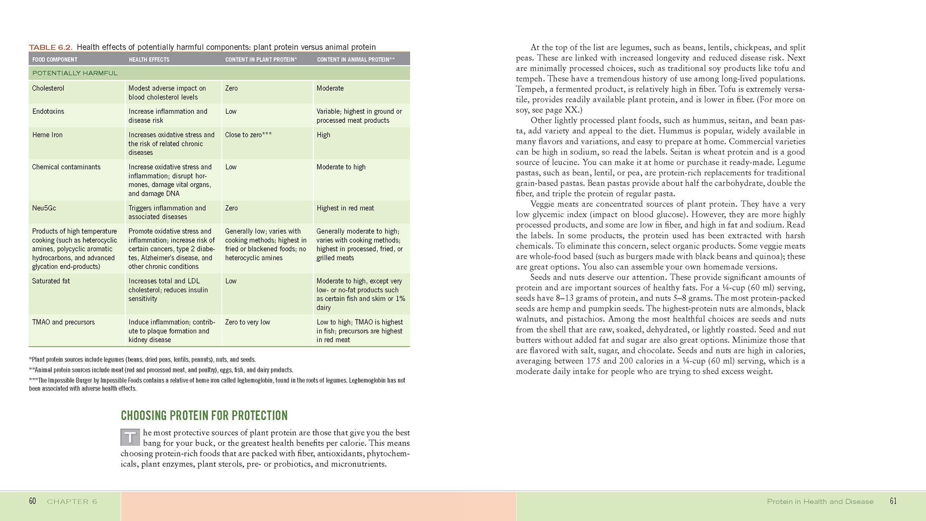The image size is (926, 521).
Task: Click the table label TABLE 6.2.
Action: click(x=50, y=47)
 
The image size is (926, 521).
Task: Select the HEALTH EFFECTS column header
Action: click(x=149, y=59)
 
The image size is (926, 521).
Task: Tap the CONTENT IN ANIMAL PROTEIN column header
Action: click(x=356, y=59)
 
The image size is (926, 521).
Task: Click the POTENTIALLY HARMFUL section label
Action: click(x=75, y=73)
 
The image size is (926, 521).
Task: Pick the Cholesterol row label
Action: click(x=48, y=88)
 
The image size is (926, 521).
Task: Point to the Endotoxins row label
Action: click(x=48, y=111)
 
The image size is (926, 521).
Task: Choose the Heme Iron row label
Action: click(x=47, y=135)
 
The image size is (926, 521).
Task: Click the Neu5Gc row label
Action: click(x=44, y=208)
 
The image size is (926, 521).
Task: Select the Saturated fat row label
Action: click(x=51, y=281)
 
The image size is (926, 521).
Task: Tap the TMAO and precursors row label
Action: click(x=63, y=322)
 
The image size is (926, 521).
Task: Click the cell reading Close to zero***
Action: click(x=248, y=135)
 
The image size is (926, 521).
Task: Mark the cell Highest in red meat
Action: click(x=345, y=208)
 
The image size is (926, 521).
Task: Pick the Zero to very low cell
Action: click(x=247, y=322)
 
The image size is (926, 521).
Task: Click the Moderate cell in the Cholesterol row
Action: click(x=330, y=88)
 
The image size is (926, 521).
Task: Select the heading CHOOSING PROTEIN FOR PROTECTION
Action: click(x=204, y=415)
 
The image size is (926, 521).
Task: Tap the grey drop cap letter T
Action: click(x=130, y=437)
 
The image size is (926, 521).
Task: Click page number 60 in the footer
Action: click(x=33, y=501)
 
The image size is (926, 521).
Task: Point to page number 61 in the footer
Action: click(x=893, y=501)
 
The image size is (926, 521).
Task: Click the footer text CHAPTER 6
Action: click(x=72, y=502)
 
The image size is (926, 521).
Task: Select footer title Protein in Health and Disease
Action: click(x=820, y=502)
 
